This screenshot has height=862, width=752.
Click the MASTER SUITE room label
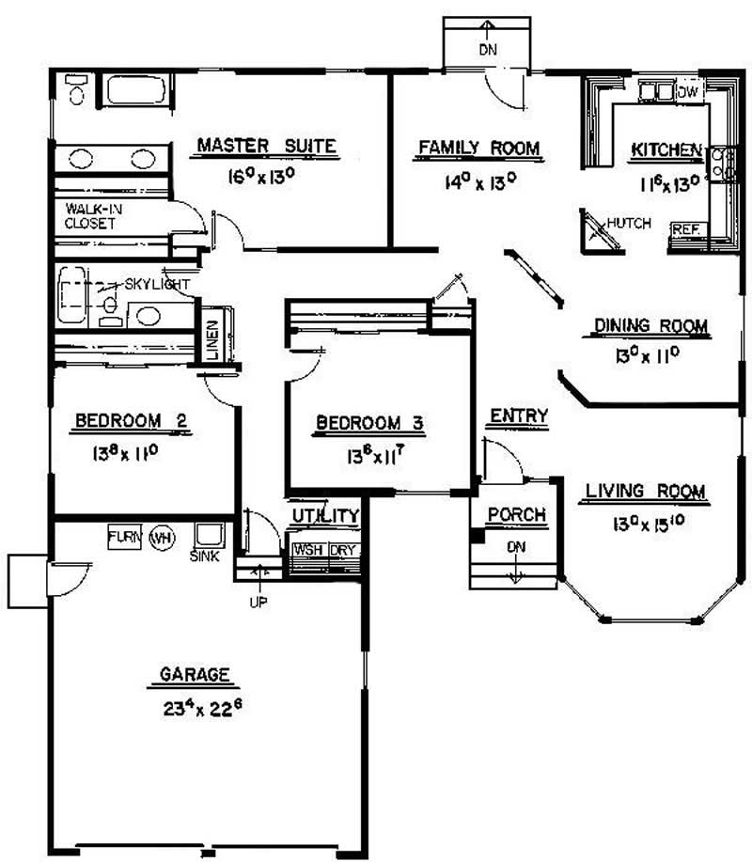click(x=266, y=146)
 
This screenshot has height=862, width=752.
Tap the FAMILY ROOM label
click(x=478, y=148)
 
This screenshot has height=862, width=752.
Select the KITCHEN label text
click(x=666, y=150)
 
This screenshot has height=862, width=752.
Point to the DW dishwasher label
click(x=688, y=91)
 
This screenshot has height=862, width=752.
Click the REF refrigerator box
click(x=682, y=229)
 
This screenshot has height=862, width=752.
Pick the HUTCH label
click(x=628, y=223)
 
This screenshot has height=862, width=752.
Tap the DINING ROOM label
click(x=650, y=326)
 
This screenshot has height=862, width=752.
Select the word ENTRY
click(x=518, y=415)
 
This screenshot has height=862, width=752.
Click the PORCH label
click(x=516, y=514)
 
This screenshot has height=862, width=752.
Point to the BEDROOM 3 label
click(x=370, y=423)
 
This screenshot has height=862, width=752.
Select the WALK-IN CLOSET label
click(x=91, y=216)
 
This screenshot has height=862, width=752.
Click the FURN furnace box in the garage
click(x=123, y=537)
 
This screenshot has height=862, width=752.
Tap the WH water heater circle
click(x=163, y=538)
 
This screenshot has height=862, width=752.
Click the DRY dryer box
click(x=344, y=550)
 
